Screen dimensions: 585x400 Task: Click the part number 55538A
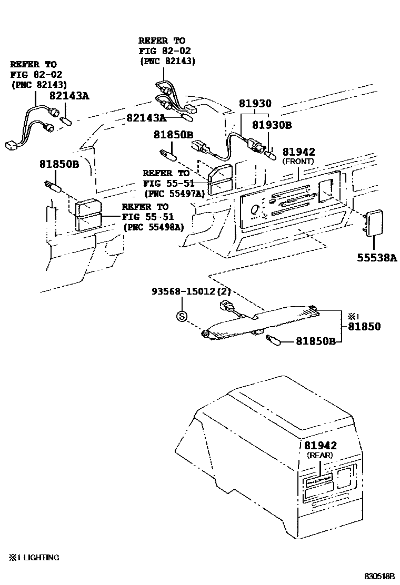coord(374,258)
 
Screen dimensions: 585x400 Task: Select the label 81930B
coord(271,125)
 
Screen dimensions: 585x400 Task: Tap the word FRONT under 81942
coord(298,161)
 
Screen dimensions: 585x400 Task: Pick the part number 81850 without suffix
coord(364,327)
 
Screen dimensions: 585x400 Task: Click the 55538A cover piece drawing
coord(374,220)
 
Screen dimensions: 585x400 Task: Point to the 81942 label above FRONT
coord(298,152)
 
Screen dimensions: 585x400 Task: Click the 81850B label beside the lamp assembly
coord(315,341)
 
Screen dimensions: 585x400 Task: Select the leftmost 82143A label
coord(69,96)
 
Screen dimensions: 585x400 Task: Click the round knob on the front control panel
coord(255,209)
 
